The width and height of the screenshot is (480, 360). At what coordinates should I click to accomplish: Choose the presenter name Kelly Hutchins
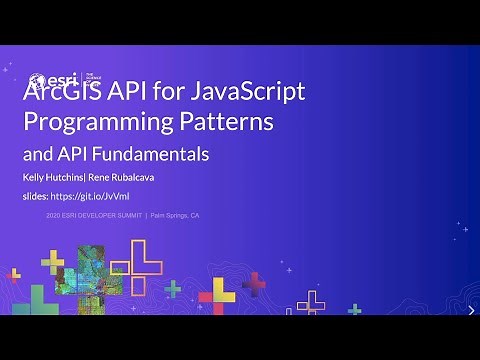tap(56, 178)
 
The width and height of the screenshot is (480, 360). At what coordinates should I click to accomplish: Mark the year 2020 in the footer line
tap(56, 216)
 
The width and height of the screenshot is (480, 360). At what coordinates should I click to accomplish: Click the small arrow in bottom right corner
tap(470, 311)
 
